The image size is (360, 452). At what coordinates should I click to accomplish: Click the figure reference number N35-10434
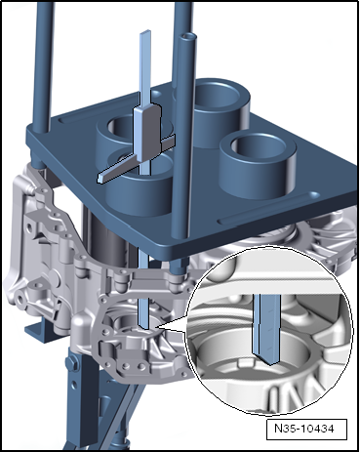click(x=304, y=429)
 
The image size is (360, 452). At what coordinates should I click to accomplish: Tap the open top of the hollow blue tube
click(x=189, y=36)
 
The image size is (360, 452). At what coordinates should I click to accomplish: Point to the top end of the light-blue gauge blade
click(x=145, y=32)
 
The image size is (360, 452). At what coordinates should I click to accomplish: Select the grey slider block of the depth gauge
click(x=148, y=133)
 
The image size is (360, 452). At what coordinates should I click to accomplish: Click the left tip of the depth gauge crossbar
click(x=100, y=179)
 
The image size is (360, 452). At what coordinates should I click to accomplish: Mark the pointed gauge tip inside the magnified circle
click(x=268, y=362)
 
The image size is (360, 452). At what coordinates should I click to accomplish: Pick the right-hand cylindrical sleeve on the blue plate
click(x=258, y=165)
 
